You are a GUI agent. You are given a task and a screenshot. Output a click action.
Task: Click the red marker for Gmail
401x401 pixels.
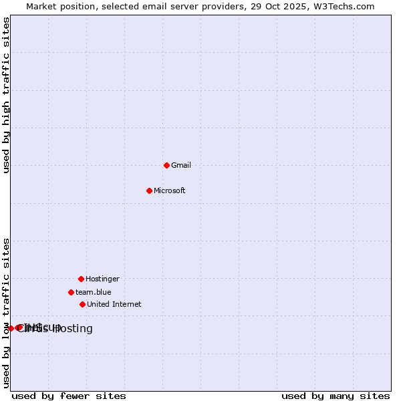[x=166, y=165]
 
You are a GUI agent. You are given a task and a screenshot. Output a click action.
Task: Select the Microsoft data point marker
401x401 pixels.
[x=149, y=190]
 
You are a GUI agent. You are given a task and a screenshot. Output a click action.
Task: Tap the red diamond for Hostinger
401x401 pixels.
[x=81, y=279]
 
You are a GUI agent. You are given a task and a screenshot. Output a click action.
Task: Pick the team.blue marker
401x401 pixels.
[x=71, y=292]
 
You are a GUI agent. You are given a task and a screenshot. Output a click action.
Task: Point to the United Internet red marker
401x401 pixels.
[x=82, y=304]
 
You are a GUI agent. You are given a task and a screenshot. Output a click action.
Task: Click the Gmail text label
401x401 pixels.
[x=181, y=165]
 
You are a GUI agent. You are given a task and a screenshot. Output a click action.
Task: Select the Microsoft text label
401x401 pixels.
[x=170, y=190]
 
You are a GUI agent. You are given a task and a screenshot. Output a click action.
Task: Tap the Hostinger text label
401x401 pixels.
[x=102, y=279]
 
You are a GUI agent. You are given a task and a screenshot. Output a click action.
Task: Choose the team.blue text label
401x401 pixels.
[x=94, y=292]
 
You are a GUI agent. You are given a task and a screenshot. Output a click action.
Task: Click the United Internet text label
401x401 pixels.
[x=114, y=304]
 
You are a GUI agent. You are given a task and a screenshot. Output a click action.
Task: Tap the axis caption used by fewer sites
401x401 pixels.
[x=69, y=396]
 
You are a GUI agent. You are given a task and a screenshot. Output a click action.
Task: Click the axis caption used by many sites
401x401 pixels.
[x=336, y=396]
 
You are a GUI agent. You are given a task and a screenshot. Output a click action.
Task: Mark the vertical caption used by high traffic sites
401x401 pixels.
[x=7, y=95]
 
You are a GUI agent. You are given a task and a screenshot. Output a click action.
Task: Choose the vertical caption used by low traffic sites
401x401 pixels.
[x=7, y=313]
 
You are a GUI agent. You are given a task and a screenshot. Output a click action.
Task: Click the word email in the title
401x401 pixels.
[x=149, y=6]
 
